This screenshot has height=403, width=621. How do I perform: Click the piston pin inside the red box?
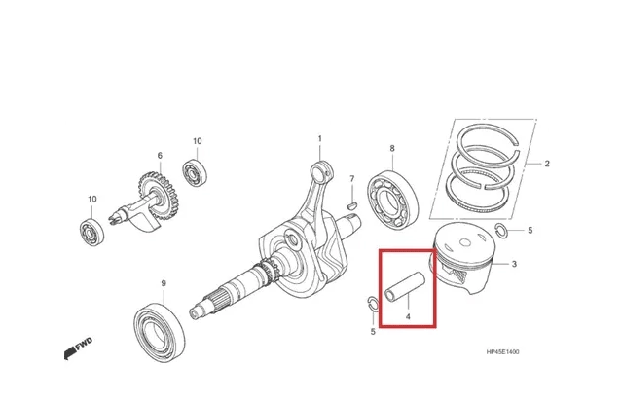(x=405, y=287)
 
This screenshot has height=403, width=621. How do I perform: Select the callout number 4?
(x=408, y=317)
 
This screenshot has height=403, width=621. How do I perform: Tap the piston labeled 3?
(x=463, y=258)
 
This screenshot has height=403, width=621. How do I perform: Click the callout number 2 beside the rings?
(x=547, y=164)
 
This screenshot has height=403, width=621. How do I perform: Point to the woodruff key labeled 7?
(x=351, y=205)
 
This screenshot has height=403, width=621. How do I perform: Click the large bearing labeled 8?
(x=392, y=201)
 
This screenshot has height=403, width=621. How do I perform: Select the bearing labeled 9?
(x=159, y=333)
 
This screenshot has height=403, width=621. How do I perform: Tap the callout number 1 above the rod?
(x=320, y=139)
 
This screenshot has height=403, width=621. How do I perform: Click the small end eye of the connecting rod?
(x=321, y=171)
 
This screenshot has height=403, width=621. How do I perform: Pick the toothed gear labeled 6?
(x=159, y=196)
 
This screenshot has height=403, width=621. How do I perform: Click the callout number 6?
(x=160, y=156)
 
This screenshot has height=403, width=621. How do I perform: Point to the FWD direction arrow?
(x=78, y=348)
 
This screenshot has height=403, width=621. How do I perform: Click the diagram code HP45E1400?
(x=502, y=351)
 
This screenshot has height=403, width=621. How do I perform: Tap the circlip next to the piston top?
(x=500, y=231)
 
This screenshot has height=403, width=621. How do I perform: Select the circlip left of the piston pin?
(x=373, y=303)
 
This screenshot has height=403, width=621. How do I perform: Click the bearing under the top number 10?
(x=195, y=172)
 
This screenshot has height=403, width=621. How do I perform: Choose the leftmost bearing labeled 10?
(x=91, y=233)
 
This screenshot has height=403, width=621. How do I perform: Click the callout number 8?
(x=392, y=148)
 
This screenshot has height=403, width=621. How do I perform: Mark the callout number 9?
(x=164, y=283)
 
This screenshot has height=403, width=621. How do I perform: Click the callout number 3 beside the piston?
(x=514, y=264)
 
